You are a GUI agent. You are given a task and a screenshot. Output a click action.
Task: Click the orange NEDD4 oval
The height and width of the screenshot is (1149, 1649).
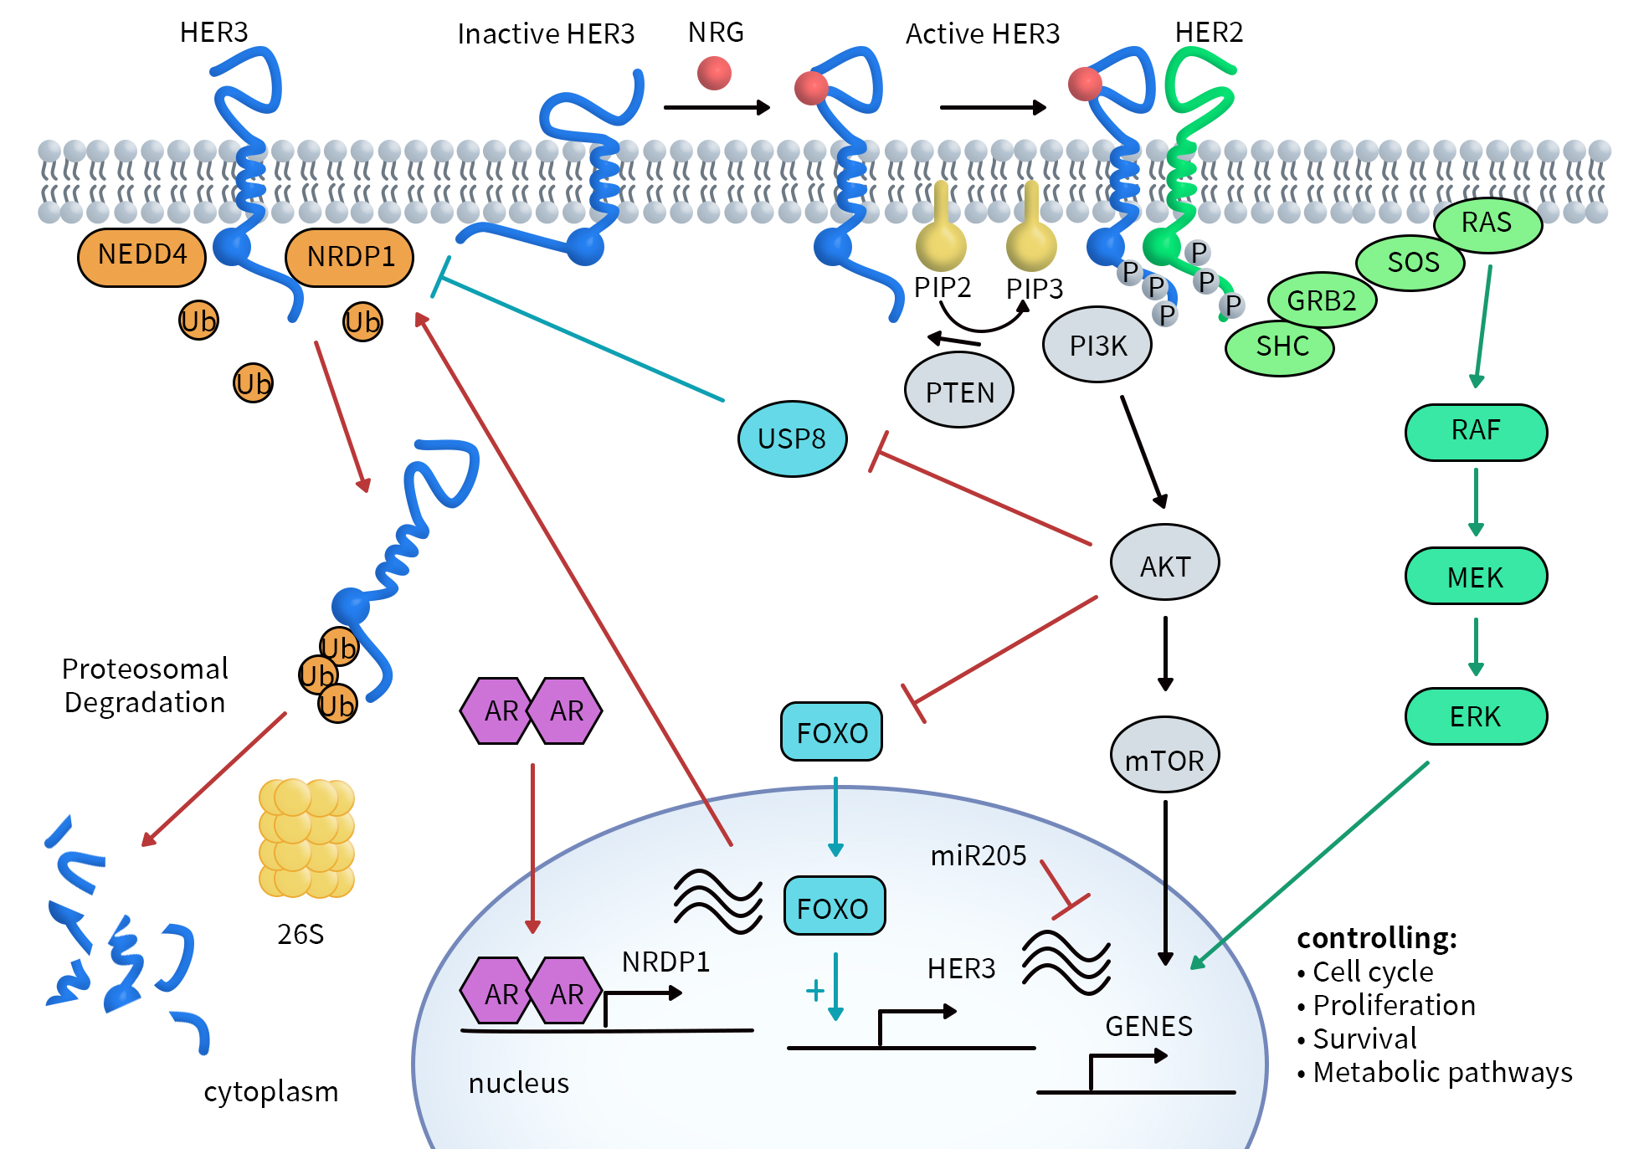[x=141, y=256]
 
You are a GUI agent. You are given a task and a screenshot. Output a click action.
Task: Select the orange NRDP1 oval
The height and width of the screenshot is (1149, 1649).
[x=349, y=257]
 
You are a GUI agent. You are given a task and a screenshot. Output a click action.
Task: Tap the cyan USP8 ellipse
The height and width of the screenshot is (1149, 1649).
[x=791, y=439]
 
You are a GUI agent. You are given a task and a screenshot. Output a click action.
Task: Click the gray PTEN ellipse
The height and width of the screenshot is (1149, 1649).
[x=958, y=392]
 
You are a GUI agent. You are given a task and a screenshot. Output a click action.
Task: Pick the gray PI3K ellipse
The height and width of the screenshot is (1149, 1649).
[x=1097, y=345]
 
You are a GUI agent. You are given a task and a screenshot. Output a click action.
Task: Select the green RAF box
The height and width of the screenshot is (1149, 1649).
[x=1475, y=432]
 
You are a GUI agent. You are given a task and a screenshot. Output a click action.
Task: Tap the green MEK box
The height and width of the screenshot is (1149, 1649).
[x=1475, y=577]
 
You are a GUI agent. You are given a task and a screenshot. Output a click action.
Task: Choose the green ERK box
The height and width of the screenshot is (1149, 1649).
[x=1475, y=716]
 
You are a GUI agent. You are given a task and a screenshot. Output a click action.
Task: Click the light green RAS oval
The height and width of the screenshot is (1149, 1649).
[x=1487, y=224]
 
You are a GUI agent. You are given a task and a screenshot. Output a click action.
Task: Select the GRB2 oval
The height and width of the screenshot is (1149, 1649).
[x=1321, y=300]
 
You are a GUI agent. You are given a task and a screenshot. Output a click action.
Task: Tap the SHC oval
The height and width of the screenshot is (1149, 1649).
[x=1279, y=346]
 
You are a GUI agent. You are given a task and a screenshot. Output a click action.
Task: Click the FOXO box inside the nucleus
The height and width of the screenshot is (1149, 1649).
[x=833, y=906]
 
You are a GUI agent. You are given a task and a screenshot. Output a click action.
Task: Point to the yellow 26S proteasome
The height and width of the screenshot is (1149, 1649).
[x=306, y=838]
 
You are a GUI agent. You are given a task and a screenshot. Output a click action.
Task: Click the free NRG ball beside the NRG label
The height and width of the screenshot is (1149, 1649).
[x=714, y=73]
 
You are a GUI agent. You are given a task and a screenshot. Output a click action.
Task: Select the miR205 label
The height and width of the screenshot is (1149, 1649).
[x=978, y=855]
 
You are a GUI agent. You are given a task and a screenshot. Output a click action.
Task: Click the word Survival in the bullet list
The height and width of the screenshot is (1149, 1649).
[x=1364, y=1039]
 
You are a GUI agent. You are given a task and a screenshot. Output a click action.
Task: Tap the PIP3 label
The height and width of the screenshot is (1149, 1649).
[x=1034, y=289]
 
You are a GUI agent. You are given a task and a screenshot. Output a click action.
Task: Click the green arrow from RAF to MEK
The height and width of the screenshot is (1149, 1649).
[x=1475, y=501]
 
